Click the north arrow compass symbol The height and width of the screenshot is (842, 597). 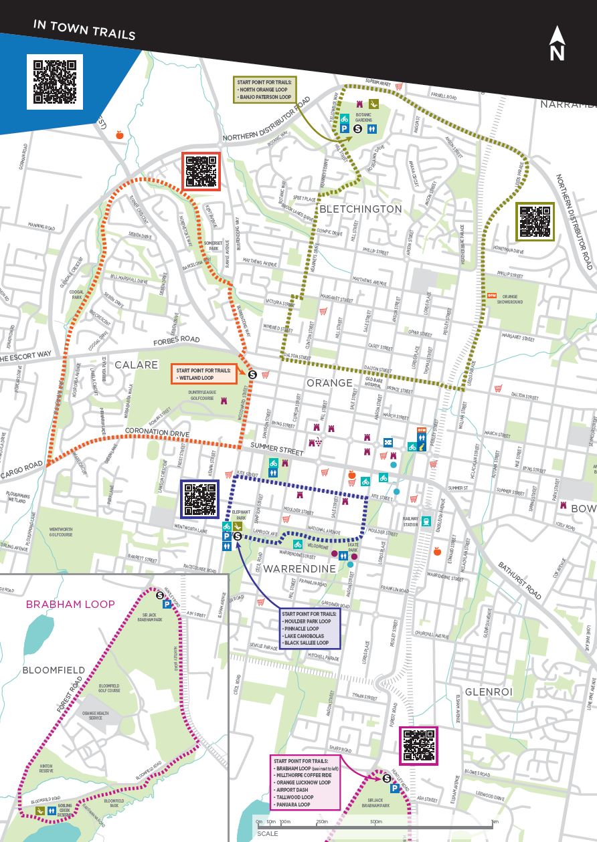(x=557, y=44)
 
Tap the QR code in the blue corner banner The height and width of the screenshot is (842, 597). (x=55, y=82)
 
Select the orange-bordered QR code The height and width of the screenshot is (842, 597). (x=201, y=171)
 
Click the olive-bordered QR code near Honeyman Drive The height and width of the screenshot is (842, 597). (x=535, y=221)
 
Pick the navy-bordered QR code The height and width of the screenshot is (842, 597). (x=199, y=499)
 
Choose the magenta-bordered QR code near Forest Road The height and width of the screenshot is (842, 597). (x=418, y=746)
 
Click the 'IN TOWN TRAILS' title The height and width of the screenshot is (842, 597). (x=84, y=30)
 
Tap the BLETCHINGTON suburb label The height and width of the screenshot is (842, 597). (x=361, y=209)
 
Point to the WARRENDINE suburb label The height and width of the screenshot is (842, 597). (x=299, y=568)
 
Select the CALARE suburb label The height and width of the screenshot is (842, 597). (x=136, y=364)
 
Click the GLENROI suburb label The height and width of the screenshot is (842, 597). (x=488, y=692)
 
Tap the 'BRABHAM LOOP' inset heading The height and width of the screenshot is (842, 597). (x=70, y=604)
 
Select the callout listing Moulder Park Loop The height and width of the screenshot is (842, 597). (x=310, y=628)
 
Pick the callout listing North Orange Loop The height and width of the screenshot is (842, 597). (x=266, y=90)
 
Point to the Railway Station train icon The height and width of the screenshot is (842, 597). (x=426, y=520)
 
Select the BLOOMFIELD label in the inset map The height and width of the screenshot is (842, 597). (x=54, y=669)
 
